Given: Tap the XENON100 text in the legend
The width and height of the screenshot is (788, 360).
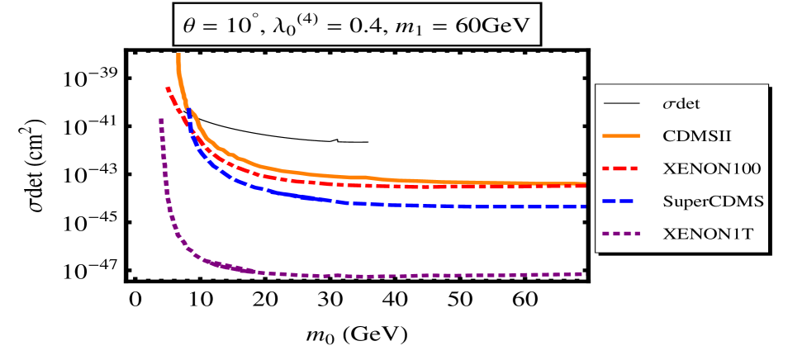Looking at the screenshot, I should pyautogui.click(x=711, y=168).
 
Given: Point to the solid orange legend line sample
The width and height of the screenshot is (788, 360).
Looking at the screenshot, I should pyautogui.click(x=623, y=135).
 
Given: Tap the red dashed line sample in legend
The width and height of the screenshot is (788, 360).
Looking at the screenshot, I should pyautogui.click(x=623, y=168).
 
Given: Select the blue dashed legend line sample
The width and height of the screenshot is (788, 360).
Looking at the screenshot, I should pyautogui.click(x=623, y=201).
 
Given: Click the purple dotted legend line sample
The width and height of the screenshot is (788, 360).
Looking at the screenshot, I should pyautogui.click(x=623, y=234).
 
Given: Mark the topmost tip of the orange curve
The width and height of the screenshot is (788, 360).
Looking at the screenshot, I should pyautogui.click(x=178, y=55).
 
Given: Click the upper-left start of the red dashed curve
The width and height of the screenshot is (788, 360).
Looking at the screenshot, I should pyautogui.click(x=167, y=88).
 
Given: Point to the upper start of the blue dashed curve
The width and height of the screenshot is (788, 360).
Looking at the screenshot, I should pyautogui.click(x=189, y=111).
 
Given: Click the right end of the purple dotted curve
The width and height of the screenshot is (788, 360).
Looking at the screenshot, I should pyautogui.click(x=583, y=273).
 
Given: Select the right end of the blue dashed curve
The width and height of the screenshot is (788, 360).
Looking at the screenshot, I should pyautogui.click(x=583, y=206).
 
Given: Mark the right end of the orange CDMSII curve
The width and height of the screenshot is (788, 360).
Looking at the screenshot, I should pyautogui.click(x=583, y=183).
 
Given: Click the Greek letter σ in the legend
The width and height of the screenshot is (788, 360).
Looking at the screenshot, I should pyautogui.click(x=668, y=105).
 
